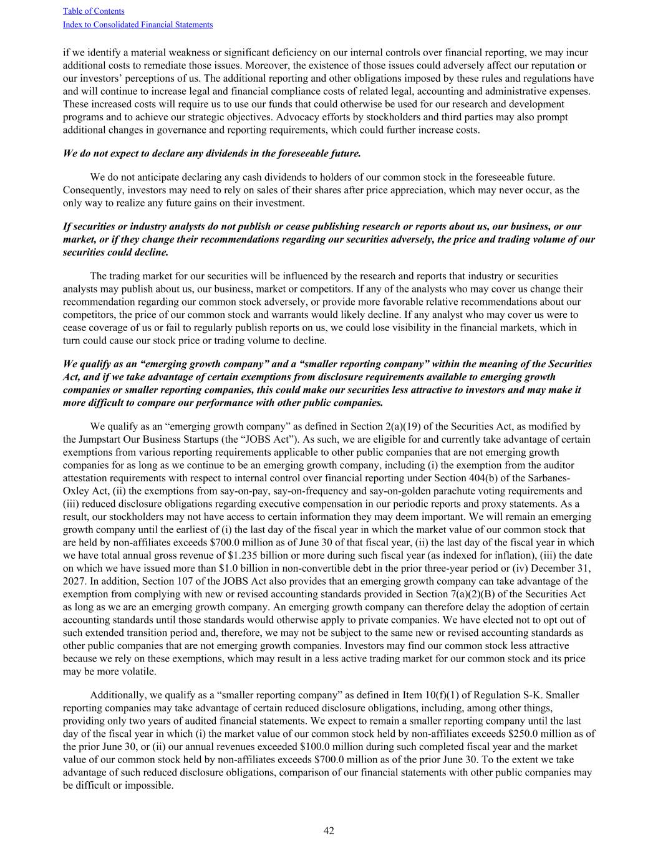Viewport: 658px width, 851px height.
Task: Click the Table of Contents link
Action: (x=94, y=11)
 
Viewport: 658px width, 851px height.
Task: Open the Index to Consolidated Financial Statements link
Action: (x=138, y=25)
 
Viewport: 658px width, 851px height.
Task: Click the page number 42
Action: (x=329, y=830)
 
